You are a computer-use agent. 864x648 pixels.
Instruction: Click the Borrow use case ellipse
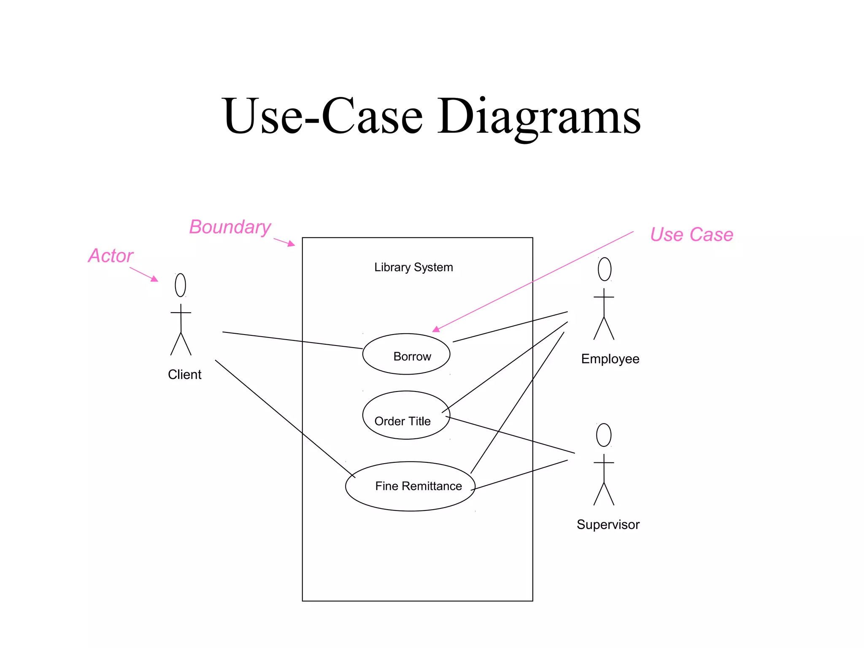coord(406,354)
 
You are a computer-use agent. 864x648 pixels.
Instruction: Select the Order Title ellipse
coord(406,415)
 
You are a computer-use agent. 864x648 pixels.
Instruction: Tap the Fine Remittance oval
coord(410,486)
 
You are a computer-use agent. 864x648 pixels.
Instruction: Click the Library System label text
coord(413,267)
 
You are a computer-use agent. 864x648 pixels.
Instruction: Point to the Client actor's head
coord(180,285)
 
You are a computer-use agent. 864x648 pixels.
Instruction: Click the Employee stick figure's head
coord(604,269)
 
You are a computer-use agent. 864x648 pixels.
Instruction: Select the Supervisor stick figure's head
coord(604,435)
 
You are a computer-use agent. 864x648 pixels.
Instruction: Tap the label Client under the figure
coord(184,375)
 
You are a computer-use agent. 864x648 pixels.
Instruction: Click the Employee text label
coord(610,359)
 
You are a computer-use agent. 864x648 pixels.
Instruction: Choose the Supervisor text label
coord(608,525)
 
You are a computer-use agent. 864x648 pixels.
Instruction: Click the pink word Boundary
coord(230,227)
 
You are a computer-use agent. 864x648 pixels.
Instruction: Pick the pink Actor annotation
coord(111,256)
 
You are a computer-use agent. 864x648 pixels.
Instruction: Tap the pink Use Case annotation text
coord(691,235)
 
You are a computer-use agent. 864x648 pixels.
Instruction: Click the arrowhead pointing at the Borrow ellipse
coord(436,329)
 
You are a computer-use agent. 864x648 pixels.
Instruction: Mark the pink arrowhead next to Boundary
coord(291,243)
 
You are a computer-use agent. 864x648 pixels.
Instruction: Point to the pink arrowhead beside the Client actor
coord(154,279)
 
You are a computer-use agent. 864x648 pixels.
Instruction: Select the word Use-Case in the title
coord(323,116)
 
